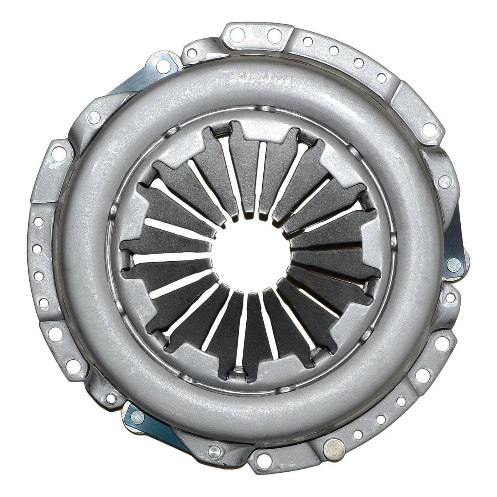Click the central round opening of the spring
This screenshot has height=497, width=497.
251,251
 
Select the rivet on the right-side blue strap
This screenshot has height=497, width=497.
454,263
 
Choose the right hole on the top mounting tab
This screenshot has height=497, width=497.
272,34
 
